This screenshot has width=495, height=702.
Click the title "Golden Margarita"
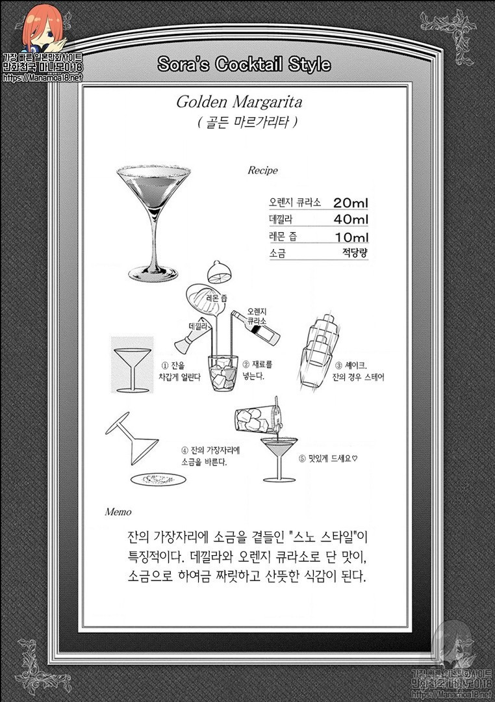pos(239,102)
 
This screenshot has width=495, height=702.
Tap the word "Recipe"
pos(262,170)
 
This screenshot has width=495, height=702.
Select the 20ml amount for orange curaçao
pos(350,202)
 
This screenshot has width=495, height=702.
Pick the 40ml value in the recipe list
pos(350,220)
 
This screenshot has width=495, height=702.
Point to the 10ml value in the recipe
pos(352,237)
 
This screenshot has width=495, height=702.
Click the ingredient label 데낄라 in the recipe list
pos(281,220)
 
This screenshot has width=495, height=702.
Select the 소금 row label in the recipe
pos(277,253)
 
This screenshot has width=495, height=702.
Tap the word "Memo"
pos(118,512)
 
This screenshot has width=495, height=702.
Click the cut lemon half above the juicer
pos(220,272)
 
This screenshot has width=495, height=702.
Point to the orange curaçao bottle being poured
pos(255,328)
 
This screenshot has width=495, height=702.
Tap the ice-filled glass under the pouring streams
pos(222,373)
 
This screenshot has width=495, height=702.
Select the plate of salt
pos(158,480)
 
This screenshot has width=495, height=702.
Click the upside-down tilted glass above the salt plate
pos(132,438)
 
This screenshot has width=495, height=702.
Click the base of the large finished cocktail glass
pos(153,272)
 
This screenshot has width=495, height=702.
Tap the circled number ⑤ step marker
pos(302,458)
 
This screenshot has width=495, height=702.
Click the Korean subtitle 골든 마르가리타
pos(247,122)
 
